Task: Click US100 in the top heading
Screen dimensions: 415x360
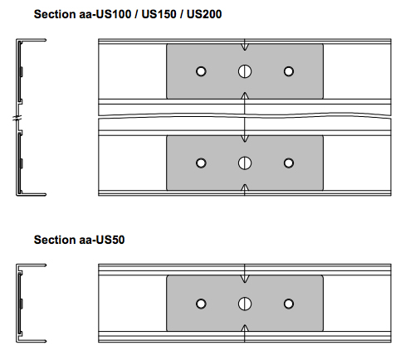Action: point(114,14)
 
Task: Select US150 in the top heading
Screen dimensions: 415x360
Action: point(159,14)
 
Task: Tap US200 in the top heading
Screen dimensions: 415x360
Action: point(204,14)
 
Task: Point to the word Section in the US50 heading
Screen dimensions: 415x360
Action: point(55,240)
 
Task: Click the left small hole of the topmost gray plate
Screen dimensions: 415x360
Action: point(201,71)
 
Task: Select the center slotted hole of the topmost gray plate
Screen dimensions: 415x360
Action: point(245,71)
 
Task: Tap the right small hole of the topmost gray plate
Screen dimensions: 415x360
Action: point(289,71)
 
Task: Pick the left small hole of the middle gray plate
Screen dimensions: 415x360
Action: point(201,163)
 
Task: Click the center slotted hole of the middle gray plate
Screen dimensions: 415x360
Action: point(245,163)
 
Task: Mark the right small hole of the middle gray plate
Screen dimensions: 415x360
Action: point(289,163)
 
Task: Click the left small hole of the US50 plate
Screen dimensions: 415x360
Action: point(201,304)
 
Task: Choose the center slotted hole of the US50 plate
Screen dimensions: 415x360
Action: point(245,304)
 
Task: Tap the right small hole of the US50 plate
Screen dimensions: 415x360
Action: point(289,304)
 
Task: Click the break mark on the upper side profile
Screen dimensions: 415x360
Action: point(17,119)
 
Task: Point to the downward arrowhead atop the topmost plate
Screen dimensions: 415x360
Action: point(245,47)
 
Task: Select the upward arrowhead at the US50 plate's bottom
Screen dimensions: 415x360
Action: point(245,328)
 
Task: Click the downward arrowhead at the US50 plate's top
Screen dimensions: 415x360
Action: point(245,279)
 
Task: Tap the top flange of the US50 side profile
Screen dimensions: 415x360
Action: point(32,265)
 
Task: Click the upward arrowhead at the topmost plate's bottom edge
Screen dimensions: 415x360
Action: point(245,95)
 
